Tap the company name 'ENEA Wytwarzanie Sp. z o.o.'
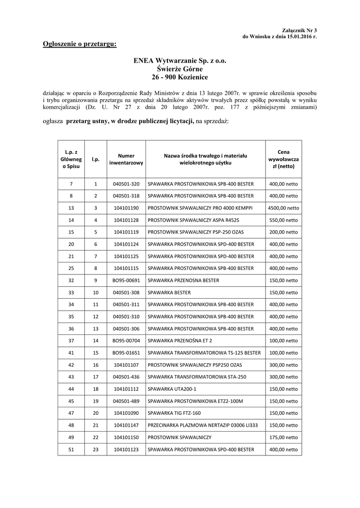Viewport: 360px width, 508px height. point(180,62)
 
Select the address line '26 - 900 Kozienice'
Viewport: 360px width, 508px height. point(180,77)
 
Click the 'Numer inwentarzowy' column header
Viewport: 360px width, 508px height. point(126,159)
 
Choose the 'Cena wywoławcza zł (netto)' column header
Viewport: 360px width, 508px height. point(284,159)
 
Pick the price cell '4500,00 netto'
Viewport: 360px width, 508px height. point(284,208)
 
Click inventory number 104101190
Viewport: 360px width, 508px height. point(126,208)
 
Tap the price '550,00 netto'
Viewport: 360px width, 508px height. point(284,220)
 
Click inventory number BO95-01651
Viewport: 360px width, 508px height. point(126,353)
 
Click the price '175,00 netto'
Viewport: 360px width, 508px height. point(284,438)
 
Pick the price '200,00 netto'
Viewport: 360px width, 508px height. point(284,232)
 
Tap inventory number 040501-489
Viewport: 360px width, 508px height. point(126,401)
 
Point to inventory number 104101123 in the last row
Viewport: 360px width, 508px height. point(126,449)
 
